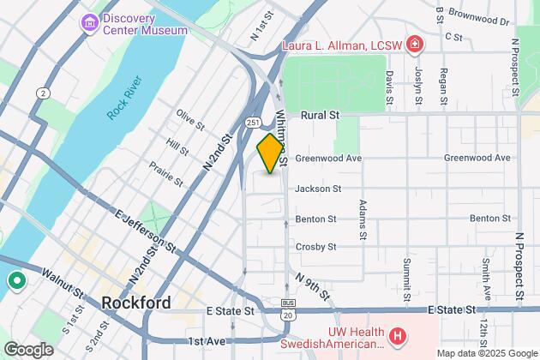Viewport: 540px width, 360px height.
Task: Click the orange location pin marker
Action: pos(270,153)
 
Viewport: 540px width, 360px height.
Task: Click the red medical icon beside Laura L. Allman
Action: pos(415,43)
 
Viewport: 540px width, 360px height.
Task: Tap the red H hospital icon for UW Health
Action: pos(397,337)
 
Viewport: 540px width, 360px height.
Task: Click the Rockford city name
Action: pos(135,303)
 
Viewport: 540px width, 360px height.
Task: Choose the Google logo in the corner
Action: pos(28,349)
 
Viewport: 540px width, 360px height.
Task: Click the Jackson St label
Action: pos(318,189)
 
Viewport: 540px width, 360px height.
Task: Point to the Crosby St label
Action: pos(316,247)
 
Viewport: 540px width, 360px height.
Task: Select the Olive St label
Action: pos(190,119)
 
